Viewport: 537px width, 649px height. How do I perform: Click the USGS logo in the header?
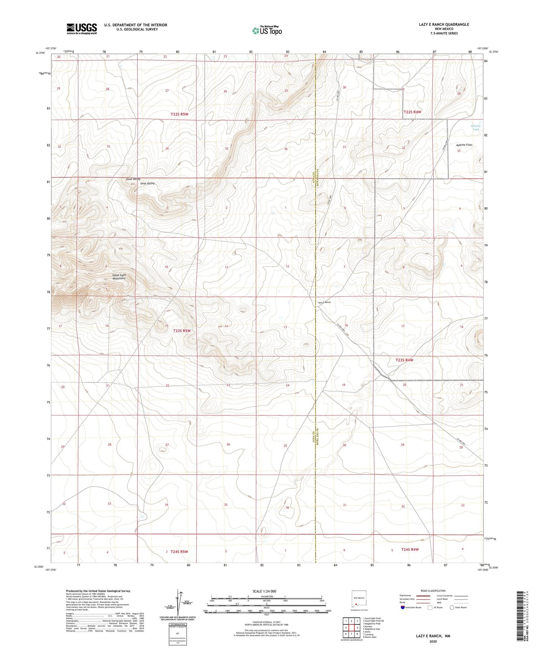82,29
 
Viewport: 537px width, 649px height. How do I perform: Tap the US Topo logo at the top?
266,30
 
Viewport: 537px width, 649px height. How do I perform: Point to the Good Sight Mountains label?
119,277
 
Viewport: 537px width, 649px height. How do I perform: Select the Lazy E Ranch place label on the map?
324,302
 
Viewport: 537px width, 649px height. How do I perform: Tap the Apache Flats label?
464,145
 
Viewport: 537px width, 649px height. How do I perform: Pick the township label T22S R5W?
177,114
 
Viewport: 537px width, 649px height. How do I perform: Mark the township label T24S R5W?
179,552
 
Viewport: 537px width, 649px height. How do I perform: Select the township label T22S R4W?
413,112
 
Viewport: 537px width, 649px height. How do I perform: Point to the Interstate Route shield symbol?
403,607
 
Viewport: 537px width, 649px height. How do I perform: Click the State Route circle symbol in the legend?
452,607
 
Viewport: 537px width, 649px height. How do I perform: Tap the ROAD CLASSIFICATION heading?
433,591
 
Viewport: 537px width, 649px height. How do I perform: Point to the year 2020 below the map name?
433,641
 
